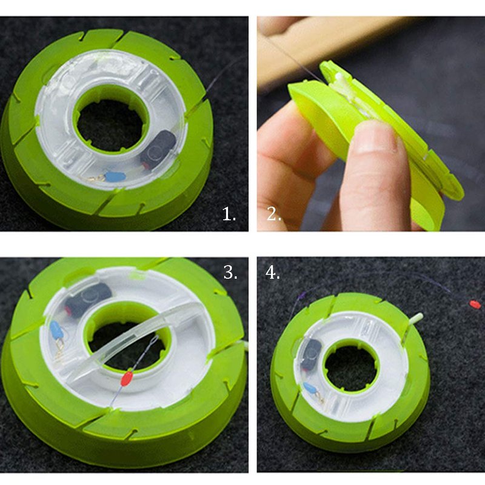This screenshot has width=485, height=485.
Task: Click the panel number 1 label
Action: point(229,214)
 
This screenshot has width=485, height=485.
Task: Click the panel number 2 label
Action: point(274,214)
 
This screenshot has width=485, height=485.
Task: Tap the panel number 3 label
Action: point(230,272)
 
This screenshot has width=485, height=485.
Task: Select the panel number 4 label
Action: point(272,273)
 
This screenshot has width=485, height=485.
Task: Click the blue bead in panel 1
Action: point(115,177)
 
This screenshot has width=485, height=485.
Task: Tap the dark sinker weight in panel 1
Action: point(158,149)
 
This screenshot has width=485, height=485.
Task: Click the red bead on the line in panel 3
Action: point(127,378)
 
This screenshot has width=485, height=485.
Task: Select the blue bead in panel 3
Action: point(56,329)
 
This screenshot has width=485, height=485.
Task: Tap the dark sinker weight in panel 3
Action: point(88,298)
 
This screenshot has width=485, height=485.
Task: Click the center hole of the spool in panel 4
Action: point(350,368)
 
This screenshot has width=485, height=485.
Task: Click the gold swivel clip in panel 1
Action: point(93,178)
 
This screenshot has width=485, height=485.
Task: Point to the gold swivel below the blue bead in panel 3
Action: point(59,348)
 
